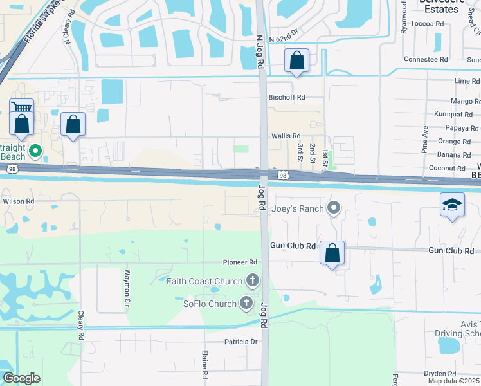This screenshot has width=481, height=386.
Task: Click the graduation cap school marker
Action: [452, 205]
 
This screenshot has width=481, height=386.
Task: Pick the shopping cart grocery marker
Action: [21, 109]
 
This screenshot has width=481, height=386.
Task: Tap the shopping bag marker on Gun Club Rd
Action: [332, 253]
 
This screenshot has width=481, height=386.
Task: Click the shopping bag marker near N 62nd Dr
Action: [297, 61]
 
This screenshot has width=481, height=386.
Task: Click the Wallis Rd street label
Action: [286, 136]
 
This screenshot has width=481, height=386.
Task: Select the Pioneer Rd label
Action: [240, 262]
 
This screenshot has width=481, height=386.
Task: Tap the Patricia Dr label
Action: [240, 342]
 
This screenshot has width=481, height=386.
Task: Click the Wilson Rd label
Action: [18, 201]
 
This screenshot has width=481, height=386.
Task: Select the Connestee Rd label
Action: [426, 59]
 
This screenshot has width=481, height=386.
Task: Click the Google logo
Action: [21, 378]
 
